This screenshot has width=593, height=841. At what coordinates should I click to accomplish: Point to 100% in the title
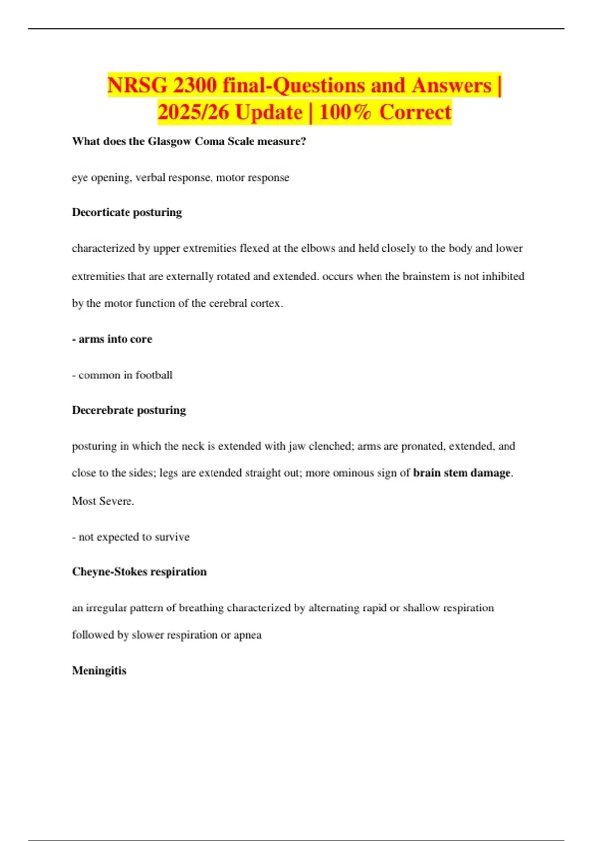coord(344,112)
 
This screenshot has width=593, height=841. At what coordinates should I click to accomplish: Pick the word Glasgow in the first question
coord(169,141)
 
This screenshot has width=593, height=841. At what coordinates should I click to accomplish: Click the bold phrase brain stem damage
coord(462,473)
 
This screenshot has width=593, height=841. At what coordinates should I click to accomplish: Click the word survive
coord(172,537)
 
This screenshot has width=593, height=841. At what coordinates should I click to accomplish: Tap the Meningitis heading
coord(99,671)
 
